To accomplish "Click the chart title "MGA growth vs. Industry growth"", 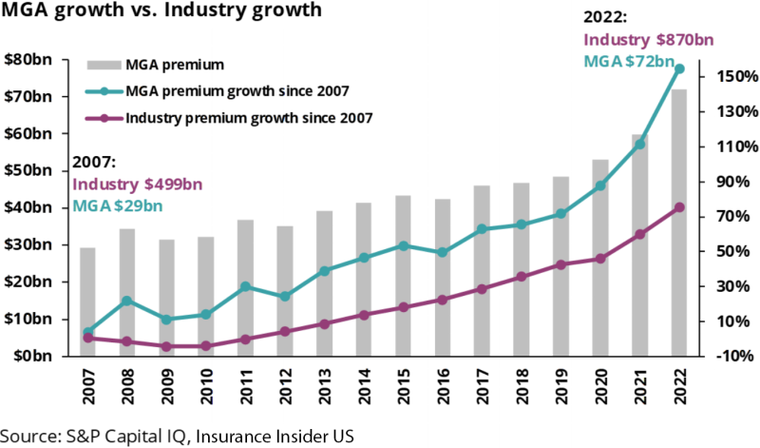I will tap(162, 14).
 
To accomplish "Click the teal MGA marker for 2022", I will tap(679, 69).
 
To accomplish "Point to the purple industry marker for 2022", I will tap(679, 207).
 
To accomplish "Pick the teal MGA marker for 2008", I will tap(126, 301).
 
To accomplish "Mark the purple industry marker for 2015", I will tap(403, 307).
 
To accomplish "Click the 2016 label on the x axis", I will tap(443, 383).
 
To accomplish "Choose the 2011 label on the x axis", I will tap(245, 383).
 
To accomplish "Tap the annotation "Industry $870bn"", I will tap(648, 40).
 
